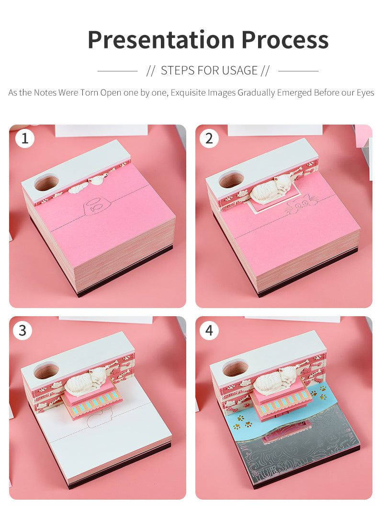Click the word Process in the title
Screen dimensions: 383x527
pyautogui.click(x=285, y=40)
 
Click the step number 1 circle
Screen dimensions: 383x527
pyautogui.click(x=24, y=138)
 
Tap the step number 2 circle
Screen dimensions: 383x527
pyautogui.click(x=209, y=138)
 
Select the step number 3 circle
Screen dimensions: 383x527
pyautogui.click(x=23, y=331)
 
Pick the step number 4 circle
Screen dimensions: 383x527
pyautogui.click(x=209, y=331)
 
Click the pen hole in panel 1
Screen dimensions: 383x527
pyautogui.click(x=46, y=183)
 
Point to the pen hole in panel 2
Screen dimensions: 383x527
pyautogui.click(x=231, y=180)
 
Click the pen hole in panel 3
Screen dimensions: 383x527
pyautogui.click(x=46, y=370)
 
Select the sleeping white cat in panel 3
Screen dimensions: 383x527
pyautogui.click(x=86, y=382)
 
